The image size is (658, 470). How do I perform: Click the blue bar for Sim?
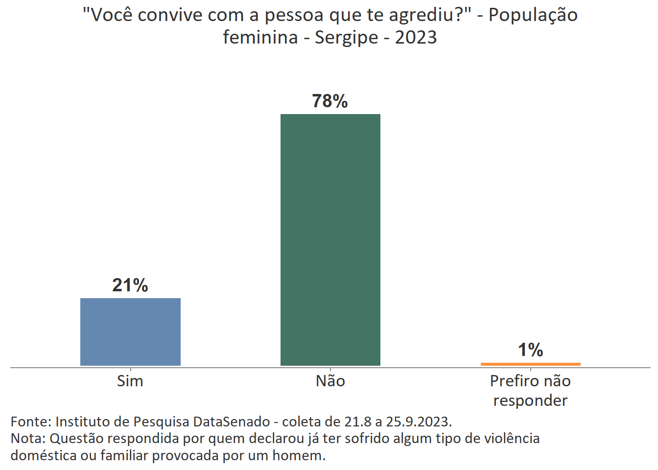pos(130,331)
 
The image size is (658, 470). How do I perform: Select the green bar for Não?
pos(330,239)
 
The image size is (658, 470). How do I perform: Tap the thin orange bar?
pos(530,364)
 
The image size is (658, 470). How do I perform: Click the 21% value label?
pos(130,285)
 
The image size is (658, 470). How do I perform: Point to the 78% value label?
pos(330,101)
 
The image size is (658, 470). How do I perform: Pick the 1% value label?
pos(530,350)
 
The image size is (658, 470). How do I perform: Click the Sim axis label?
pos(130,381)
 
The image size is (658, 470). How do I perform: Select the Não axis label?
pos(330,381)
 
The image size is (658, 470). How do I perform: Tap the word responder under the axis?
pos(530,400)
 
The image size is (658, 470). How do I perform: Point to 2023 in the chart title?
pos(416,37)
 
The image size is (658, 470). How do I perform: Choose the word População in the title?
pos(533,16)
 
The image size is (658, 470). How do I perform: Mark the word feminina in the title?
pos(260,37)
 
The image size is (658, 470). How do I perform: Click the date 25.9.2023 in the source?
pos(419,422)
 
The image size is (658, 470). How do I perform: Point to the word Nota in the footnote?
pos(27,438)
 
